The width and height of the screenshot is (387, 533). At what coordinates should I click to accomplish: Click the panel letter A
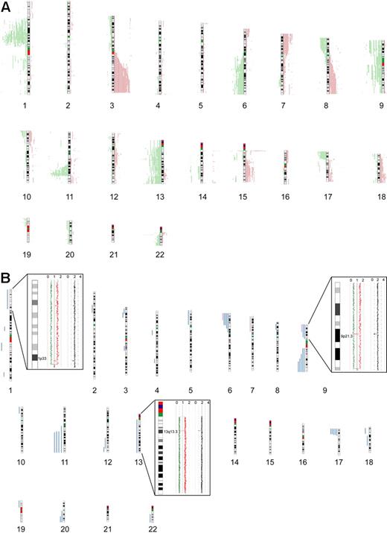[6, 6]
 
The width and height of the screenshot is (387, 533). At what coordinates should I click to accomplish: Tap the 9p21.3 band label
[346, 337]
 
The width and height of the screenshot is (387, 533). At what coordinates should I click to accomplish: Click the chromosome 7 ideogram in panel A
[284, 63]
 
